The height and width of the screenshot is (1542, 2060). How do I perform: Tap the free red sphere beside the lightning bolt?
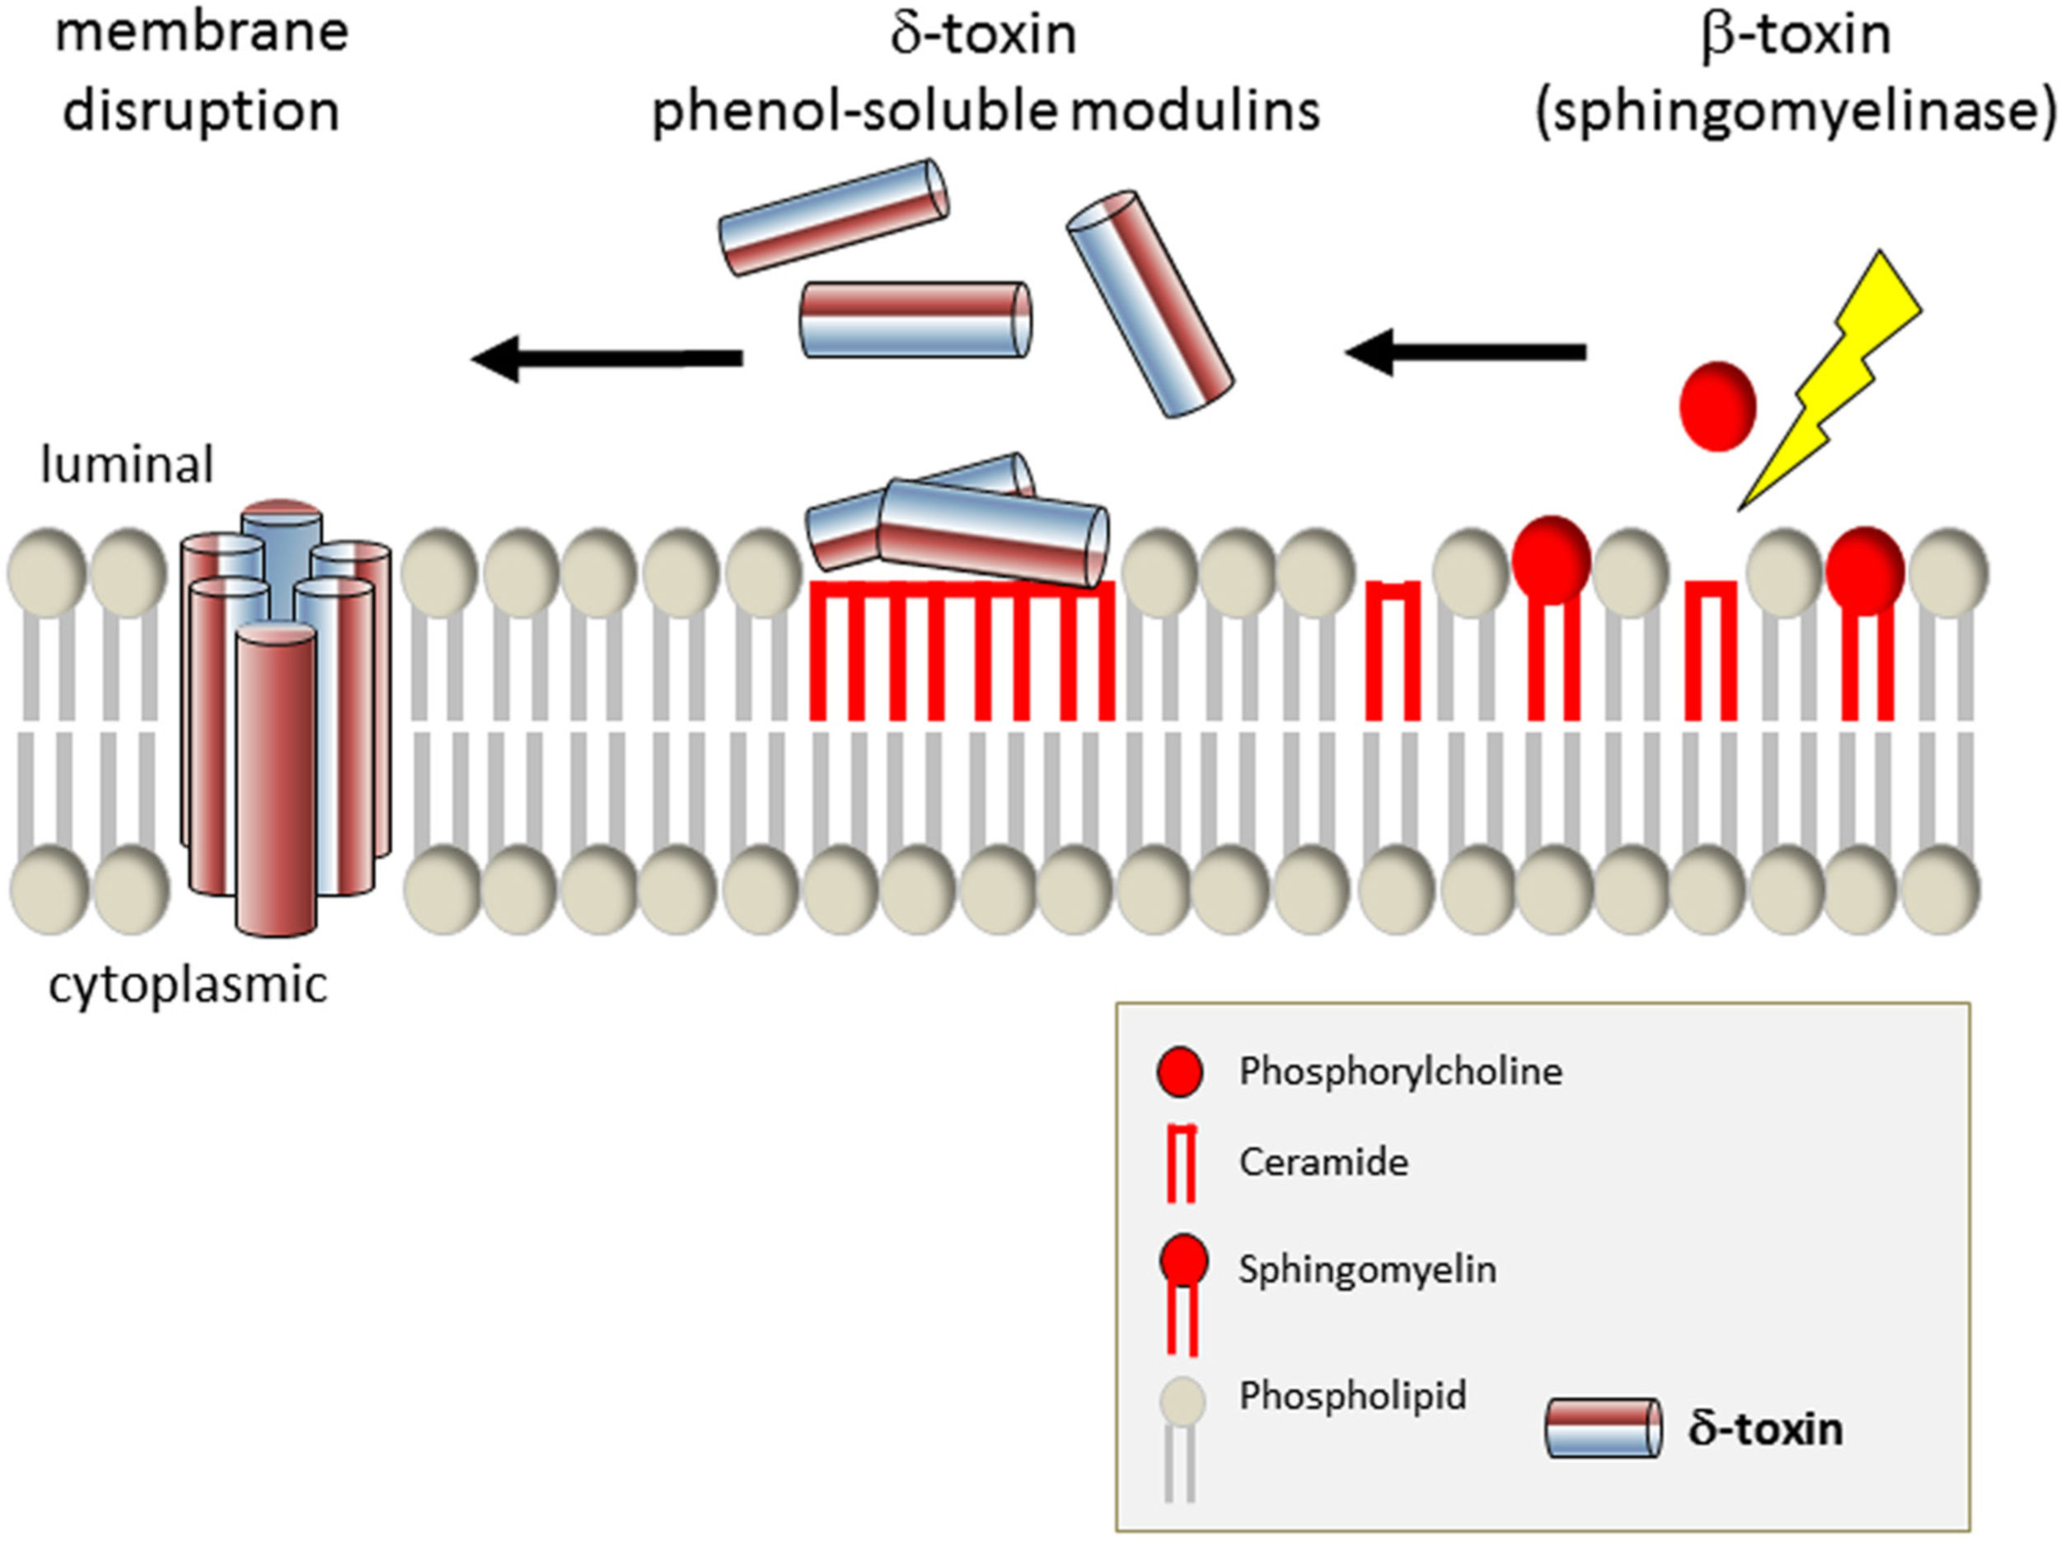point(1717,407)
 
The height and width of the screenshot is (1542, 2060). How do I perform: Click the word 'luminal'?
point(128,465)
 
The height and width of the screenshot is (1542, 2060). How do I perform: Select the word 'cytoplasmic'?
point(187,985)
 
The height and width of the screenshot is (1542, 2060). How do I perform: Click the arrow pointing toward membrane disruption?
point(606,357)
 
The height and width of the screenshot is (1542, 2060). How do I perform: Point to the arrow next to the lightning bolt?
point(1466,352)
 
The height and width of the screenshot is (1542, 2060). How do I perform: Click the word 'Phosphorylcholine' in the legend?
point(1400,1071)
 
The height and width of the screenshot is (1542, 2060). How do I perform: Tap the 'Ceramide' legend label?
point(1323,1162)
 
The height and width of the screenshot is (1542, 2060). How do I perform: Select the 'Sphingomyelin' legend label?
point(1366,1269)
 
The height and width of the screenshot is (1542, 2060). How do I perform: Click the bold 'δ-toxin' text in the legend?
point(1765,1429)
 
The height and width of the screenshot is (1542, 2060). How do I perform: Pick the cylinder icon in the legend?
point(1603,1428)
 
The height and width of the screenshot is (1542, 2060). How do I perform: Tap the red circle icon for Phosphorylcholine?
point(1179,1072)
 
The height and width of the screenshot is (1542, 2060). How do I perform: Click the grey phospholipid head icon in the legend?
point(1182,1400)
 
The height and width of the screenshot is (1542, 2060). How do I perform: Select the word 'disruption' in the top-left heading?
point(200,112)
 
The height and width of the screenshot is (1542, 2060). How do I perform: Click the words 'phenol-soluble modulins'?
point(985,112)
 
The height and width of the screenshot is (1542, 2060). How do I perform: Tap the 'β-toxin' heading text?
point(1795,35)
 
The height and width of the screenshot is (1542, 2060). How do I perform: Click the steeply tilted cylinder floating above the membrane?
point(1150,304)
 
